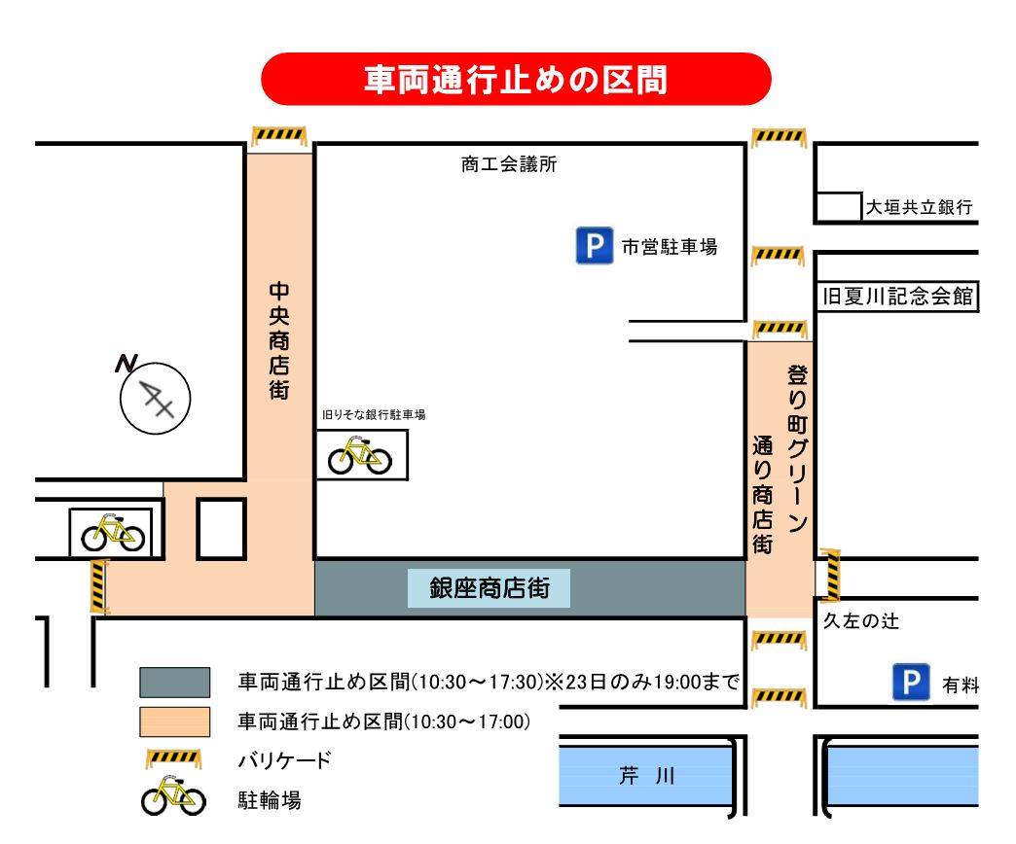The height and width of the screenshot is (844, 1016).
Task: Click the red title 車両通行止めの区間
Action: [516, 79]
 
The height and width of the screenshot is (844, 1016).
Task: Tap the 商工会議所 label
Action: [509, 165]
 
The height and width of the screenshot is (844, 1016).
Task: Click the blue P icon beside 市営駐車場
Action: [592, 246]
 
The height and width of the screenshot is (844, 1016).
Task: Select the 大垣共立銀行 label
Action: [920, 207]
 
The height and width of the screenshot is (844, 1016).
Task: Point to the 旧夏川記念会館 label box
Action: [896, 297]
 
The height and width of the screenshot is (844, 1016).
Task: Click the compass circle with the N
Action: [156, 396]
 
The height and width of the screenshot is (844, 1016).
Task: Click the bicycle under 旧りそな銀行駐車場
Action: [360, 455]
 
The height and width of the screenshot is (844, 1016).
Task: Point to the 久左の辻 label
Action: [861, 621]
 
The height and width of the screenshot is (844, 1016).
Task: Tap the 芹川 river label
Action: [647, 776]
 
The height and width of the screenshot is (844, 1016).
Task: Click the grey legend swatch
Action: [174, 682]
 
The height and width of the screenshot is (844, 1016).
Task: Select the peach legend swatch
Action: [174, 721]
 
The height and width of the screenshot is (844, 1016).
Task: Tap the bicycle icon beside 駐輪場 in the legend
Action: [173, 797]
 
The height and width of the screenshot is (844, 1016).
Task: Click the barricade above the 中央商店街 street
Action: [278, 135]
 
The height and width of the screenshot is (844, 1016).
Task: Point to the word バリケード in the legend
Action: [285, 760]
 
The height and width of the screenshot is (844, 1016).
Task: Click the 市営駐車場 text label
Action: [670, 248]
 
